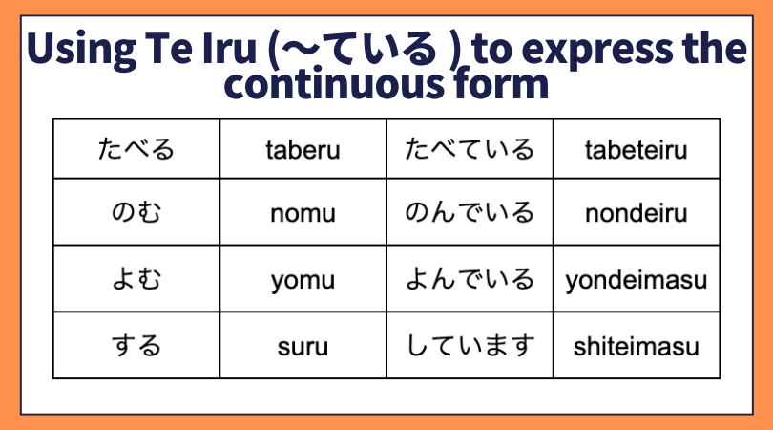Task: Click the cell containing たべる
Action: (x=136, y=149)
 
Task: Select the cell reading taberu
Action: (x=303, y=149)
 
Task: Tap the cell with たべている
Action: (x=470, y=149)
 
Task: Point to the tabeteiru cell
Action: (x=637, y=149)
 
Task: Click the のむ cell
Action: (x=136, y=212)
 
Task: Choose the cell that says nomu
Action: (x=303, y=212)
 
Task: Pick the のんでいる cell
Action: (x=470, y=212)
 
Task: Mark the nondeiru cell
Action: (x=637, y=212)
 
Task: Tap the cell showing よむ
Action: (x=136, y=278)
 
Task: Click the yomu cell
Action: (x=303, y=278)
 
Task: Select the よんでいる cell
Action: (x=470, y=278)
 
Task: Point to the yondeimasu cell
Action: (x=637, y=278)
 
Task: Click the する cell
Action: (x=136, y=345)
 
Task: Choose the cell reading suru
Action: (x=303, y=345)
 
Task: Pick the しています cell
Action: (x=470, y=345)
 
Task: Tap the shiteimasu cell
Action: (x=637, y=345)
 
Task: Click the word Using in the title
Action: (x=81, y=50)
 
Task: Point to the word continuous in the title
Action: (x=335, y=84)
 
